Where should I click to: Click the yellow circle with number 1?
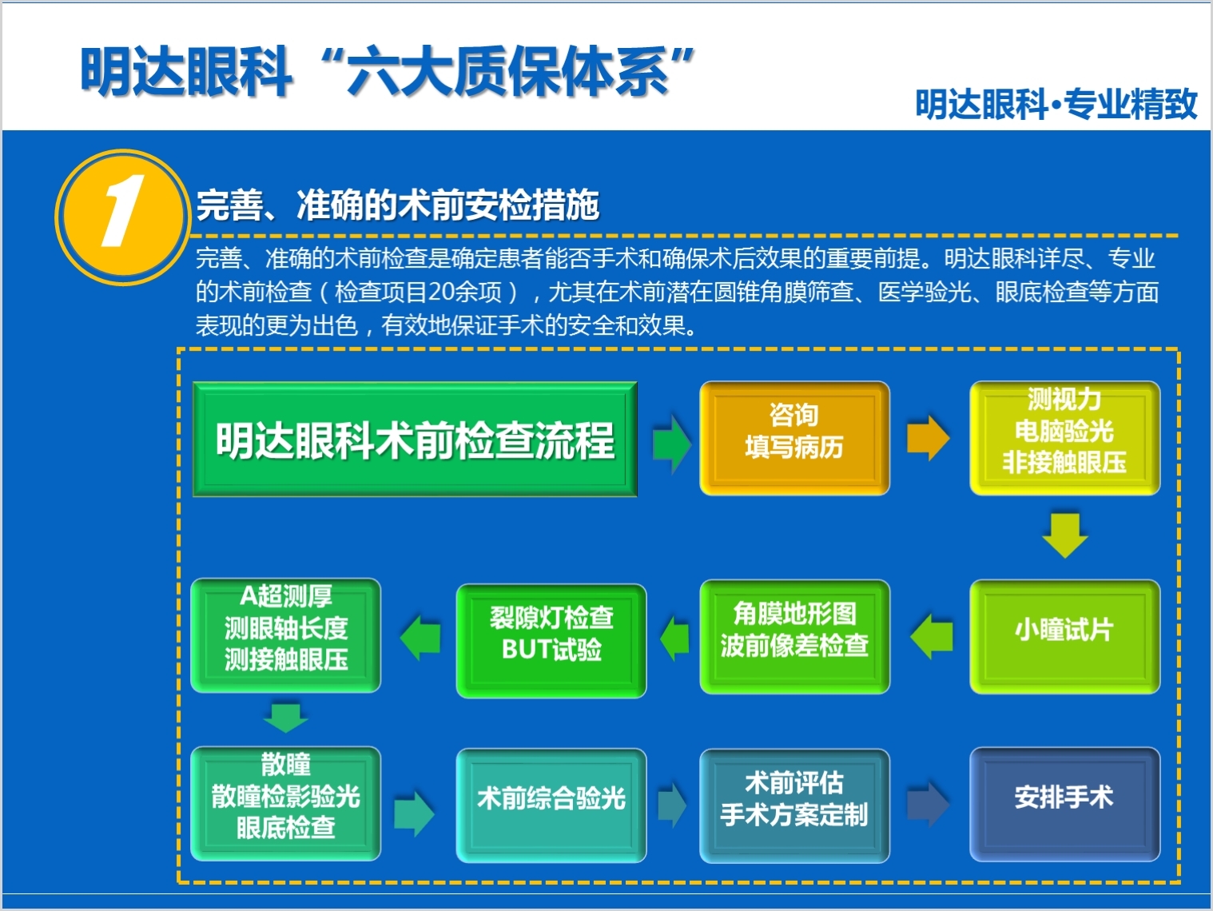(121, 215)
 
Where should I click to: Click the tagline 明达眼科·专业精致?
(1056, 105)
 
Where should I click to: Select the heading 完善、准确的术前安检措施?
(398, 205)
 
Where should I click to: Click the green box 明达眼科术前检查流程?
(415, 440)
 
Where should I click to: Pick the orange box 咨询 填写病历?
(794, 438)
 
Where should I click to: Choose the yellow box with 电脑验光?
(1064, 438)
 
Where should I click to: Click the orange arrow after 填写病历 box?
(928, 437)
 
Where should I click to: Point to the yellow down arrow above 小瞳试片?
(1065, 535)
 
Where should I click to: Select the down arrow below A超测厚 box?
(285, 717)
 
